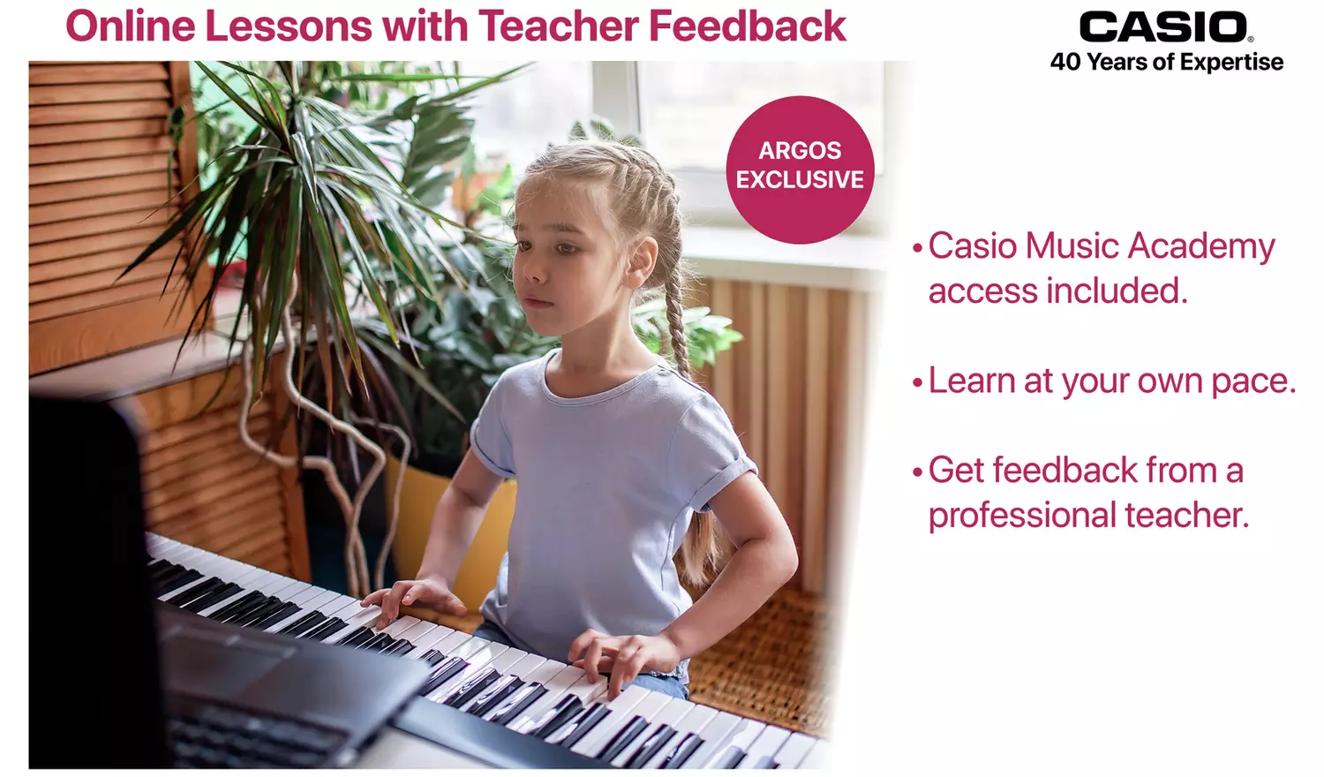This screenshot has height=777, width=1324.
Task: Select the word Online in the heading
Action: tap(129, 26)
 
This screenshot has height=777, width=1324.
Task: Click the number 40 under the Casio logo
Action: tap(1065, 63)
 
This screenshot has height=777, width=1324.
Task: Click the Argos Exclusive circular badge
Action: tap(800, 170)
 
